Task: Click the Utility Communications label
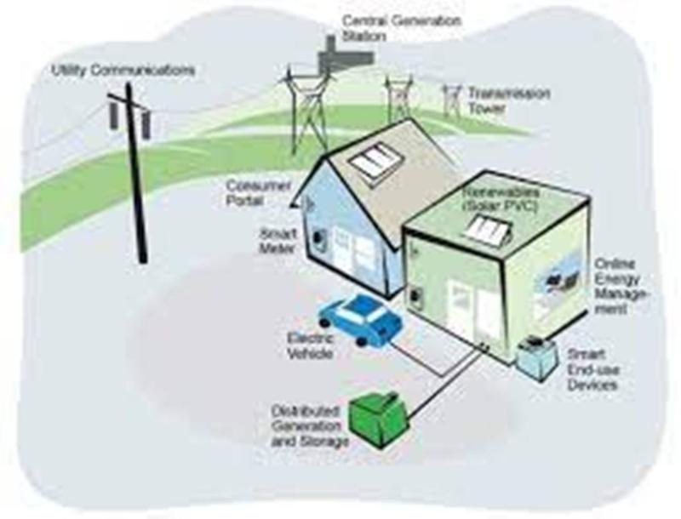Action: pos(123,71)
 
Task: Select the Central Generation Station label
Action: pos(401,28)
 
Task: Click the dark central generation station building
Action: pos(344,54)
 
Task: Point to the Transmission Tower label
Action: pos(508,100)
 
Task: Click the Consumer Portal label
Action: pos(259,192)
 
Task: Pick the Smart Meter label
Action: pos(278,242)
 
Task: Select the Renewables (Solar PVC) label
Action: pos(501,199)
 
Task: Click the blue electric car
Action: pos(360,320)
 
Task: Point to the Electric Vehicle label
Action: pos(310,345)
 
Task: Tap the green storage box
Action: pos(379,419)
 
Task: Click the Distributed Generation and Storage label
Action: pos(310,426)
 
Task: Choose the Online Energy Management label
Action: pos(621,287)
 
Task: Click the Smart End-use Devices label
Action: pos(593,370)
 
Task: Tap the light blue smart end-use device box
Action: pos(537,358)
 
